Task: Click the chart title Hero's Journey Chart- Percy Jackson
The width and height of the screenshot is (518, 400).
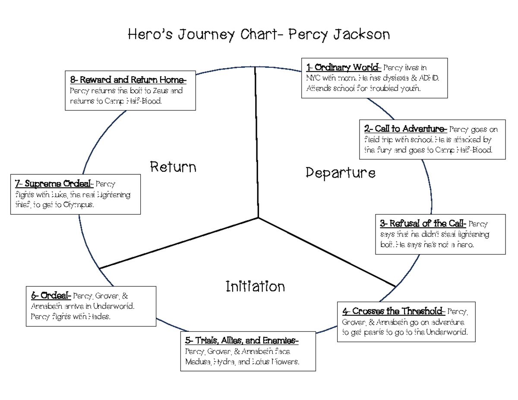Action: [259, 34]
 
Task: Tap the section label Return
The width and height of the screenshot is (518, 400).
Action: [173, 167]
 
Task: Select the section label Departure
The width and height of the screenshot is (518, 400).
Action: [340, 173]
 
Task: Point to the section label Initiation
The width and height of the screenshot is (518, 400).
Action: [255, 286]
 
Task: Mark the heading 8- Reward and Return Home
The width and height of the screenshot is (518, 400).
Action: [128, 80]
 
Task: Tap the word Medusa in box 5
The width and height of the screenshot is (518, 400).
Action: [198, 362]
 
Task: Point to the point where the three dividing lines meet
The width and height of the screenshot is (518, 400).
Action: [258, 217]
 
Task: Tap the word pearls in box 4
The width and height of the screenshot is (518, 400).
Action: [375, 332]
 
